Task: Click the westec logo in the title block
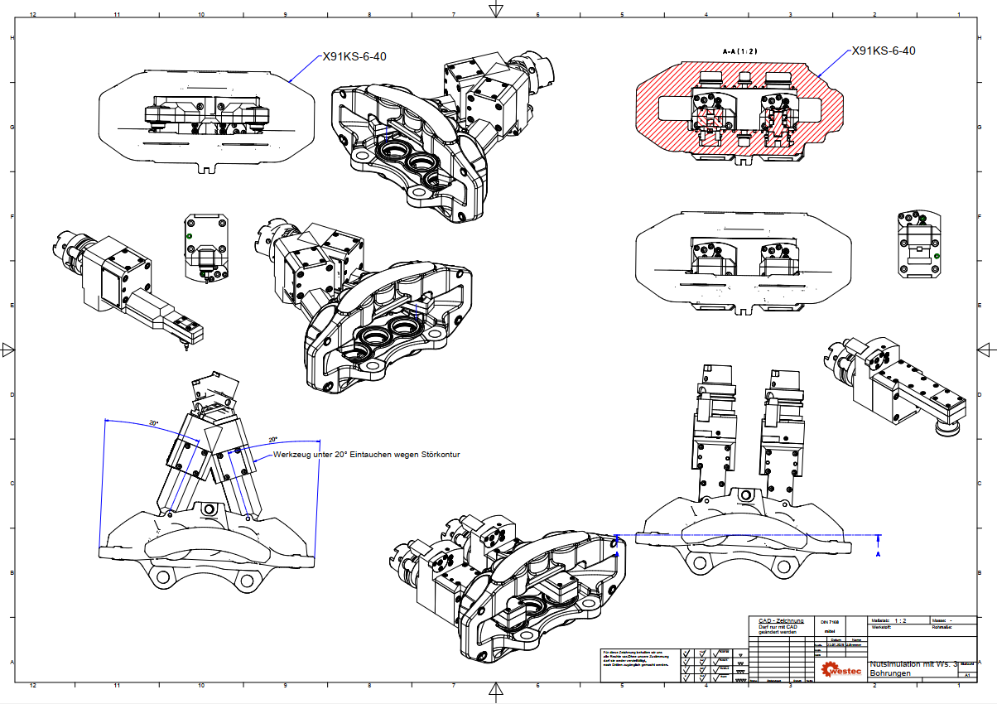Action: click(x=840, y=667)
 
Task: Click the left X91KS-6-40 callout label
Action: click(x=354, y=57)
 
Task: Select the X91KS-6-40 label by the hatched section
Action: click(x=884, y=51)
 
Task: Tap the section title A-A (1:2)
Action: click(x=739, y=51)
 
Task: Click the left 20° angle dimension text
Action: click(x=154, y=423)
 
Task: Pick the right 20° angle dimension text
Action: click(x=272, y=440)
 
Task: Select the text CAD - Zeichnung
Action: click(x=781, y=620)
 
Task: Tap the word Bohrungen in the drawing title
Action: click(x=890, y=673)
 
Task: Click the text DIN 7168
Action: click(x=830, y=621)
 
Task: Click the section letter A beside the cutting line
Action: click(x=879, y=555)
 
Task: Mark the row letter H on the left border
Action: click(x=12, y=38)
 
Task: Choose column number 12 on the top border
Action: click(x=33, y=14)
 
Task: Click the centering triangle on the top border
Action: click(x=496, y=9)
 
